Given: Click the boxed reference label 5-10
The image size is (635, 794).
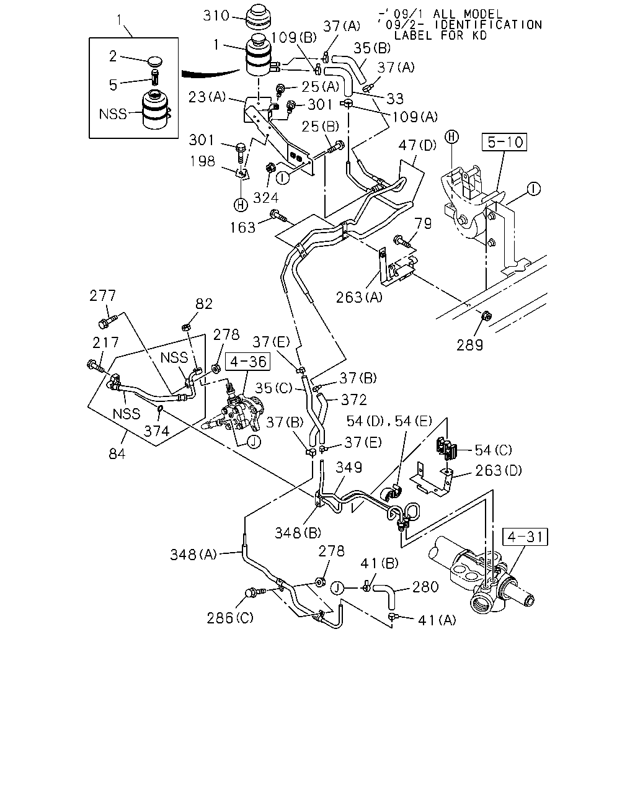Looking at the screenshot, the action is (504, 142).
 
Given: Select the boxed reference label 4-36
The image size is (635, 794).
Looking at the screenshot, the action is (248, 362).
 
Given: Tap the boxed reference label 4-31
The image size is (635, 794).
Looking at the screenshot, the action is (525, 537).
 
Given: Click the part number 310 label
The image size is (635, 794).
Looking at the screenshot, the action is (216, 16).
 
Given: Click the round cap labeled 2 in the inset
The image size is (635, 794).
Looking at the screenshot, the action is (155, 61).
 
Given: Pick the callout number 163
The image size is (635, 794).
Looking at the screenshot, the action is (243, 228).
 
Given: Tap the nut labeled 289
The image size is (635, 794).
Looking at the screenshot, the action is (486, 316).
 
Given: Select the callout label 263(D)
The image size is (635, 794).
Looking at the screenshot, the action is (499, 470).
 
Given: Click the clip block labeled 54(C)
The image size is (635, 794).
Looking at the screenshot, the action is (446, 448).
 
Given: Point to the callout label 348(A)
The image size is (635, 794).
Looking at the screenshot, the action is (193, 555).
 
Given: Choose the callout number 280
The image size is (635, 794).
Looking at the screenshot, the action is (425, 587).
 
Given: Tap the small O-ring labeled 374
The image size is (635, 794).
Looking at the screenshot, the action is (161, 408).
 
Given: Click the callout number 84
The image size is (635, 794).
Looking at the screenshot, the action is (117, 454).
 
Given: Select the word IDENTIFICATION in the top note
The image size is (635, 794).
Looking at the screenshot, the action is (488, 25).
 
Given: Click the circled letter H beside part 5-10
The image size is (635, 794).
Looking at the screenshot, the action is (451, 137).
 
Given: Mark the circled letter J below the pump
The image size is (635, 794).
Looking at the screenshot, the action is (254, 442).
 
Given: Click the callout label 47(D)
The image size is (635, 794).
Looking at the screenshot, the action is (417, 145).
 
